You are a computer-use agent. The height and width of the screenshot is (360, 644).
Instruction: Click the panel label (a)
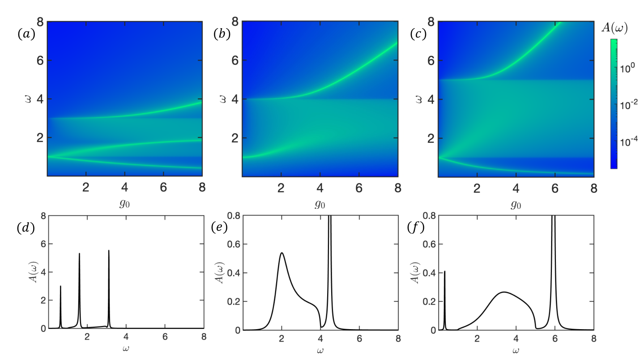point(26,34)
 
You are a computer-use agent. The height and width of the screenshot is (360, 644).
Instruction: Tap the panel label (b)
point(222,34)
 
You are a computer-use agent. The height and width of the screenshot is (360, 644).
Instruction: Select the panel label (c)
point(418,34)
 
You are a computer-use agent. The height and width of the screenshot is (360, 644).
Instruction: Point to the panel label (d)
point(26,228)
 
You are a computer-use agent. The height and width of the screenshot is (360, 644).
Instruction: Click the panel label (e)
point(219,227)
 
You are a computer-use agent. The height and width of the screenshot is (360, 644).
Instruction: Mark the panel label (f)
point(416,228)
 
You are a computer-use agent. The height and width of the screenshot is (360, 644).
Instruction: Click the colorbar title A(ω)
point(615,28)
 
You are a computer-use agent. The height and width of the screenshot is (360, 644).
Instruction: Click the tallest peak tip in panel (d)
point(109,250)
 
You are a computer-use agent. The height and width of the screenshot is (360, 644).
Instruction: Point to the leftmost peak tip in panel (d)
point(60,286)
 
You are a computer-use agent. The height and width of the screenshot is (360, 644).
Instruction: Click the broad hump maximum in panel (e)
point(282,253)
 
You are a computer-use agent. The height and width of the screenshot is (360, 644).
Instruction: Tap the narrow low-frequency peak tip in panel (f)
point(444,271)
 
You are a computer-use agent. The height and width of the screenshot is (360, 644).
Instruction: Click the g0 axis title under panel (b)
point(320,204)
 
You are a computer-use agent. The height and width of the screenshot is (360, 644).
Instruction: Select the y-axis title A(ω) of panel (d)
point(34,272)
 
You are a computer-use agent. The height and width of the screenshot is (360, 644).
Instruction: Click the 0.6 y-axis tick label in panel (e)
point(234,244)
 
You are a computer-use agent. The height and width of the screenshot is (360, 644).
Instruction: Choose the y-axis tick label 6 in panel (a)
point(40,60)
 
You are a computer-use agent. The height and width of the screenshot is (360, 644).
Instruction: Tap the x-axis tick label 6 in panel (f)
point(555,339)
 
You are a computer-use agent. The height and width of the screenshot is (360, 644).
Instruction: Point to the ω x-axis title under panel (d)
point(126,349)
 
